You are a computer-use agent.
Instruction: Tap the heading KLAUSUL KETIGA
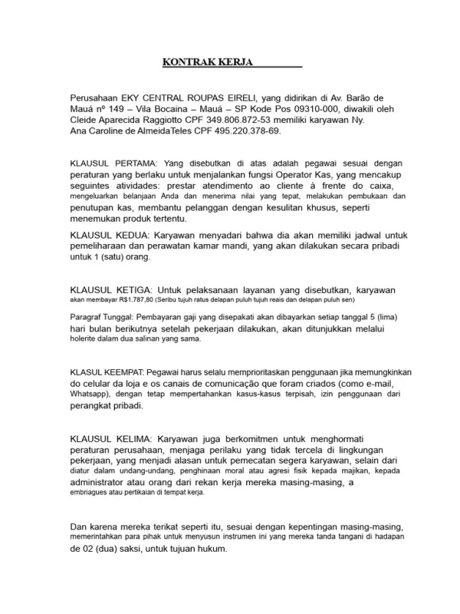click(x=109, y=289)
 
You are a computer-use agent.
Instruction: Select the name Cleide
click(x=85, y=120)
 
